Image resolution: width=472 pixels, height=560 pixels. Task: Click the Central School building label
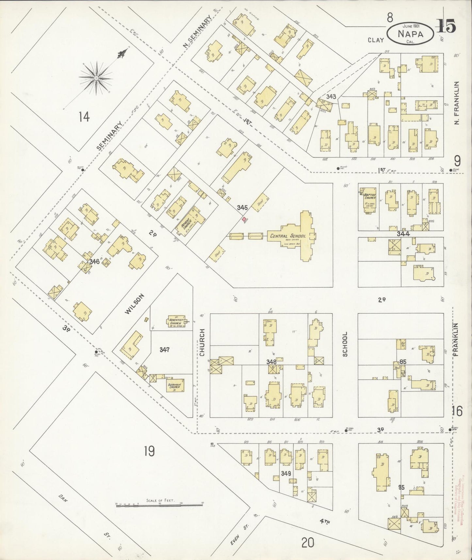pos(287,236)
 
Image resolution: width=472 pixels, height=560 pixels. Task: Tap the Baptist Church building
pos(370,199)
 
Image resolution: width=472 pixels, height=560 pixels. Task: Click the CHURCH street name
pos(202,342)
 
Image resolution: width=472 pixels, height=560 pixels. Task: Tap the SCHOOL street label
pos(345,344)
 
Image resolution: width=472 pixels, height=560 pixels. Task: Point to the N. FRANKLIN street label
pos(457,103)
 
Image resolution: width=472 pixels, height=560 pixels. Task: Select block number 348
pos(271,362)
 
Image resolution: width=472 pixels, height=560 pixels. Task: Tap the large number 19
pos(149,452)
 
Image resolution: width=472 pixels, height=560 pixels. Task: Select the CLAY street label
pos(375,40)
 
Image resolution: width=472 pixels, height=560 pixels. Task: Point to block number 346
pos(94,261)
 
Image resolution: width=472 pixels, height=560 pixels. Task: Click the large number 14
pos(84,117)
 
